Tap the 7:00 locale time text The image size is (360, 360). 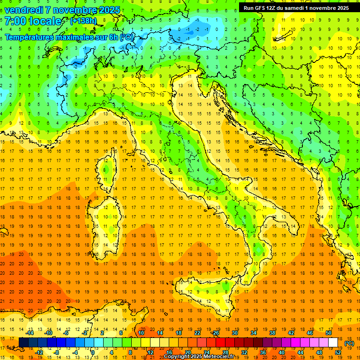pos(33,21)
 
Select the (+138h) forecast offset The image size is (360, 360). pos(83,21)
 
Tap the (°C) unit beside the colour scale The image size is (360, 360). pos(349,343)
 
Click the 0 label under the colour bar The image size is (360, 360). pos(93,352)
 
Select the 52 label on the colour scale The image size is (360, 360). pos(338,352)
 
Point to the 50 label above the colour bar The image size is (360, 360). pos(329,333)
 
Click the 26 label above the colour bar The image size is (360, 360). pos(215,333)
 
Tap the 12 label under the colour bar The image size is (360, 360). pos(150,352)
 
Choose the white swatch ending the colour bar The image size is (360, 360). pos(333,343)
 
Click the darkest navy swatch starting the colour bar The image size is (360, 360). pos(23,343)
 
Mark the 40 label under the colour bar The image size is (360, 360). pos(282,352)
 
